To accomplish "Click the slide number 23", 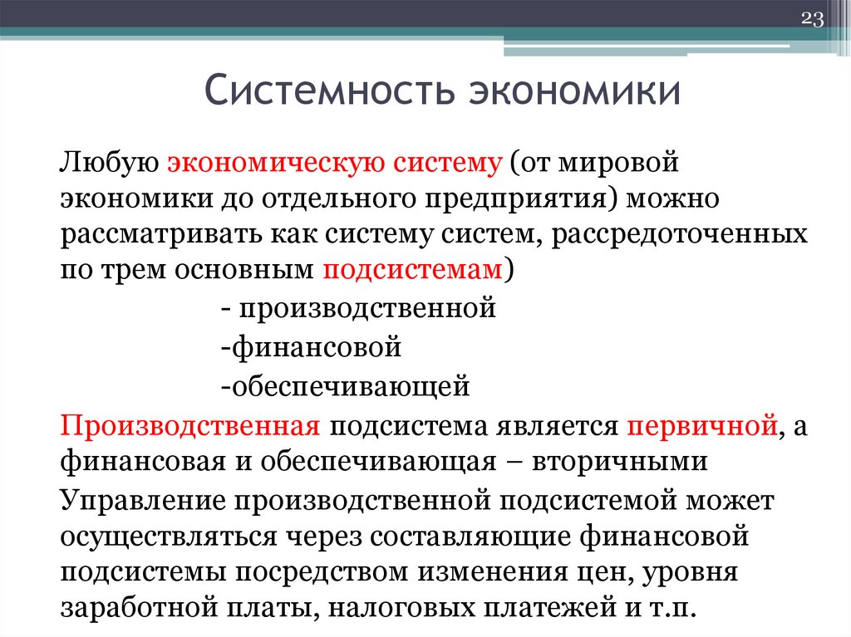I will click(811, 19).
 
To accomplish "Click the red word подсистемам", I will click(411, 271).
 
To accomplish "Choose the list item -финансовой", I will click(312, 346).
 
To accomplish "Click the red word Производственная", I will click(190, 425).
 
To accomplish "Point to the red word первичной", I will click(704, 425).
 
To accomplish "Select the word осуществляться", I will click(169, 536).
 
